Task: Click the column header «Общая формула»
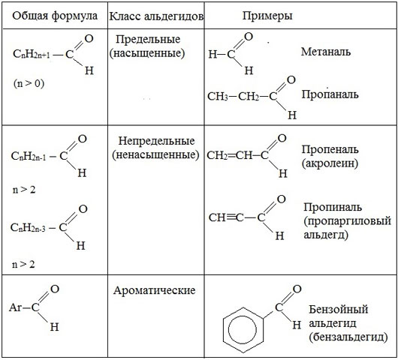tap(55, 16)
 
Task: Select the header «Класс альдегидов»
tap(156, 16)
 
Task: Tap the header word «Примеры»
tap(267, 16)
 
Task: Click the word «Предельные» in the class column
tap(148, 39)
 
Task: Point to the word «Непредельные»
tap(156, 141)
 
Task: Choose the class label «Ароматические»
tap(155, 290)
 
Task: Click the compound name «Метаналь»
tap(326, 52)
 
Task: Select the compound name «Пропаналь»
tap(330, 94)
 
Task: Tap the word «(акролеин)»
tap(330, 163)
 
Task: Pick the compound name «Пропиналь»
tap(333, 207)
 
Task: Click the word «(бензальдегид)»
tap(348, 337)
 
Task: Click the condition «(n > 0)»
tap(29, 83)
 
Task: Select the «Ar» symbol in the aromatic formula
tap(15, 307)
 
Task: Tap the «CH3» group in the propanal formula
tap(218, 97)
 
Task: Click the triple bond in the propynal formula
tap(231, 217)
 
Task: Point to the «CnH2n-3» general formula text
tap(28, 228)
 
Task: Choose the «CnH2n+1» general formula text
tap(32, 54)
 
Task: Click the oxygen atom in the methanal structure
tap(249, 37)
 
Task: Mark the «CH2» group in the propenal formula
tap(217, 155)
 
